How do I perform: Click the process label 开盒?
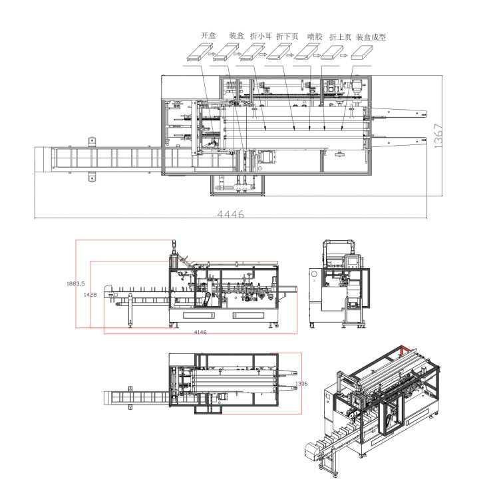pos(208,35)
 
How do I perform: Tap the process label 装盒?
pos(236,35)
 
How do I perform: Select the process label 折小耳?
pos(261,36)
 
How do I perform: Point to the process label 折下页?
pos(287,37)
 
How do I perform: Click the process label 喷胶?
pos(315,37)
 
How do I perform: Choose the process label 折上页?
pos(340,37)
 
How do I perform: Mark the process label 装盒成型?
pos(371,37)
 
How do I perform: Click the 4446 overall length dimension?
pos(231,214)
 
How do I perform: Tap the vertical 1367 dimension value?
pos(438,136)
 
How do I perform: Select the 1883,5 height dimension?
pos(76,283)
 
